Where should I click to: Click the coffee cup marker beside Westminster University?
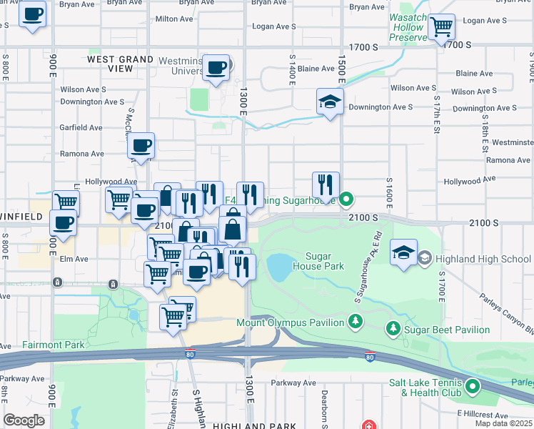pyautogui.click(x=216, y=69)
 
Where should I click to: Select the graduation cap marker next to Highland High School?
pyautogui.click(x=403, y=253)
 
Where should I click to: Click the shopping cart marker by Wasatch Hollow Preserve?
pyautogui.click(x=442, y=28)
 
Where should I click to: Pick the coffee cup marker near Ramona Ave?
pyautogui.click(x=141, y=146)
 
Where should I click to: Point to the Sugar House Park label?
pyautogui.click(x=325, y=261)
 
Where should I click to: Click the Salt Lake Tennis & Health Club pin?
pyautogui.click(x=473, y=388)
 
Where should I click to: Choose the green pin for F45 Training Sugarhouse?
pyautogui.click(x=347, y=199)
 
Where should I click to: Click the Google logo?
pyautogui.click(x=24, y=420)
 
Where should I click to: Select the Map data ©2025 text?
pyautogui.click(x=503, y=423)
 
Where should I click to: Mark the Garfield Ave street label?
pyautogui.click(x=81, y=127)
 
